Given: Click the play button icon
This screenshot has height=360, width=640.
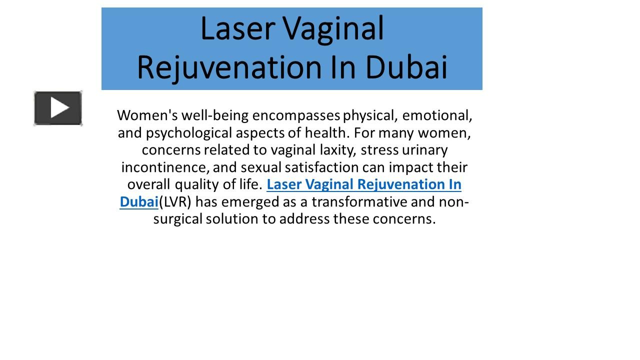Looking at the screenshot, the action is (58, 108).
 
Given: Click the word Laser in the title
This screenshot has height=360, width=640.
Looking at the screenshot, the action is (238, 28).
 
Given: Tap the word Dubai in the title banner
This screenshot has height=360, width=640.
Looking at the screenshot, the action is (406, 67).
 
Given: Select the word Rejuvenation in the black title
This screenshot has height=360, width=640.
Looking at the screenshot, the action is (229, 68).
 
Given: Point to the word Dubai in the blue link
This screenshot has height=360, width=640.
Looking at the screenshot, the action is (139, 201).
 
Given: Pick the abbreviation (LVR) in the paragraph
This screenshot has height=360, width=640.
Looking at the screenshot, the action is (175, 202).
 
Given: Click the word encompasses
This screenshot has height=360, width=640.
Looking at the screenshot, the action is (296, 115).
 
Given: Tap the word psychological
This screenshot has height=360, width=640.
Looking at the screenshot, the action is (189, 133).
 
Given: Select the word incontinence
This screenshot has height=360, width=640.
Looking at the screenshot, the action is (163, 167).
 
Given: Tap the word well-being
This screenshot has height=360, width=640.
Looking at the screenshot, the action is (215, 115).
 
